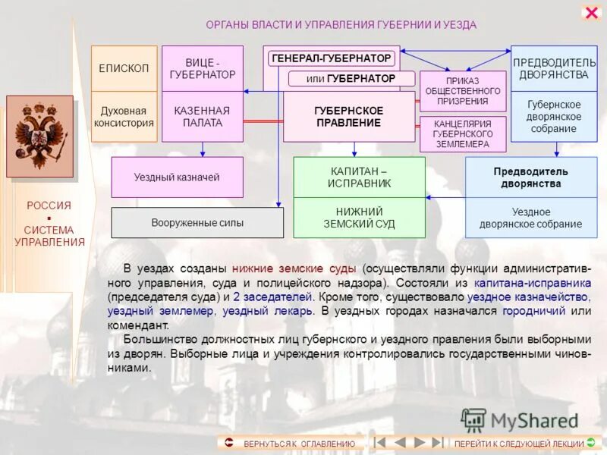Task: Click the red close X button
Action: pyautogui.click(x=591, y=13)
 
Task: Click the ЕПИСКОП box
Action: pyautogui.click(x=124, y=68)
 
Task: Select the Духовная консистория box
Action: pyautogui.click(x=124, y=117)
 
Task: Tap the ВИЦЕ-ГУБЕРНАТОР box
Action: pyautogui.click(x=202, y=68)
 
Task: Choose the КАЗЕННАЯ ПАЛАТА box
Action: pyautogui.click(x=202, y=117)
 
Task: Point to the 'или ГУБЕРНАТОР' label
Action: pyautogui.click(x=351, y=79)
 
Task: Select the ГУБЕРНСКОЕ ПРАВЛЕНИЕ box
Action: pyautogui.click(x=348, y=117)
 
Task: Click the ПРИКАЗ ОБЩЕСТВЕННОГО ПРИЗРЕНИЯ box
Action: pyautogui.click(x=462, y=91)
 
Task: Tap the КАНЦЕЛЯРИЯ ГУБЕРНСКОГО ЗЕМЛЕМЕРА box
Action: pyautogui.click(x=462, y=133)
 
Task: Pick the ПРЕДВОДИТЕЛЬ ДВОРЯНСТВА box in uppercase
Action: pyautogui.click(x=553, y=68)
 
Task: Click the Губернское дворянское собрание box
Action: pyautogui.click(x=553, y=117)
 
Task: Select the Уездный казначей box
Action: pyautogui.click(x=177, y=177)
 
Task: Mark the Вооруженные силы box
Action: pyautogui.click(x=197, y=223)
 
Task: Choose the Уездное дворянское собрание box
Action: pyautogui.click(x=530, y=218)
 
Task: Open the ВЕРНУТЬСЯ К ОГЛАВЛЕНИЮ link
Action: pyautogui.click(x=291, y=443)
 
